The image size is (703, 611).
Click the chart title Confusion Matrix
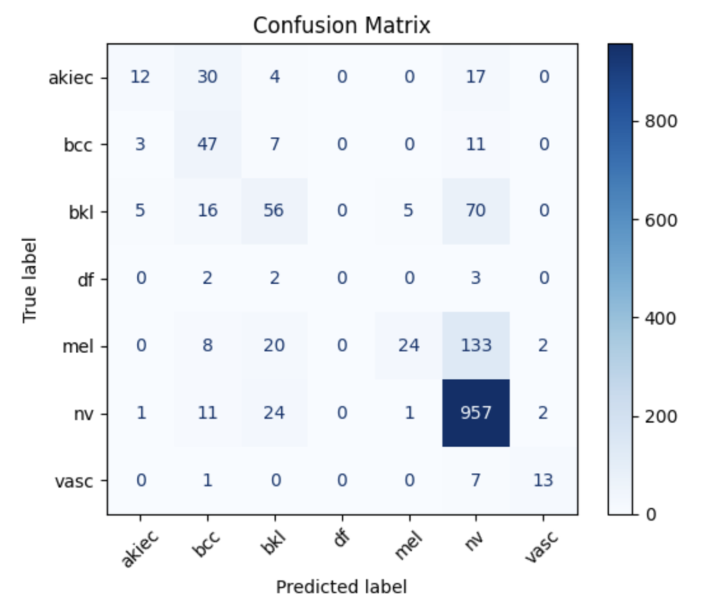[342, 25]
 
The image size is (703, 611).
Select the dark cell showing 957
[476, 413]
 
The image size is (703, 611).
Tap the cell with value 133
[476, 346]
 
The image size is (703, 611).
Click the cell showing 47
[207, 144]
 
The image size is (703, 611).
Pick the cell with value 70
[476, 211]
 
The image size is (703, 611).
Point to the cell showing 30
[207, 77]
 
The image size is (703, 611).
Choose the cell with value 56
[275, 211]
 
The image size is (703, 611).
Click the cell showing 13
[543, 480]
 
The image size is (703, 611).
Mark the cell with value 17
[476, 77]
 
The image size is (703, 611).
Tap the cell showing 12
[140, 77]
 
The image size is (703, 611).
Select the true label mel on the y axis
[78, 346]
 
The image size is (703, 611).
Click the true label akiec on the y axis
[71, 78]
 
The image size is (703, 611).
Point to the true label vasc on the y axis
[74, 482]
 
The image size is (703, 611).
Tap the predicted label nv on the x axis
[474, 540]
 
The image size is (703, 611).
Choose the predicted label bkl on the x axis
[272, 542]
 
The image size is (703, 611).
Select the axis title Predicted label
[342, 587]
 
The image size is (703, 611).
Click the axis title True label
[30, 280]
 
